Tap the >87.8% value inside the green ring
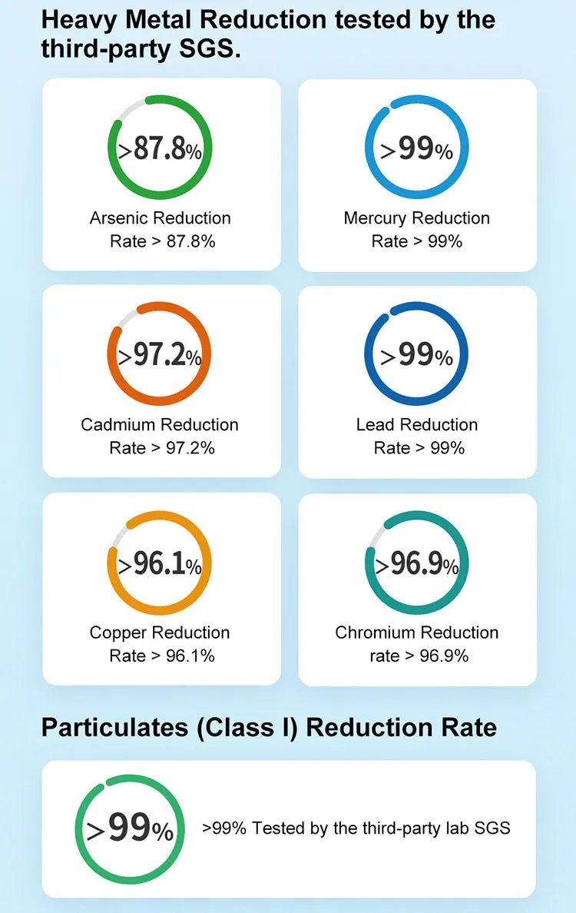pos(160,149)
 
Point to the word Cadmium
pos(118,425)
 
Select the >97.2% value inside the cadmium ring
pos(160,357)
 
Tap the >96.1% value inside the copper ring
pos(160,565)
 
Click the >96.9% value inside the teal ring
pos(417,565)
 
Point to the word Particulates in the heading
pos(114,727)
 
